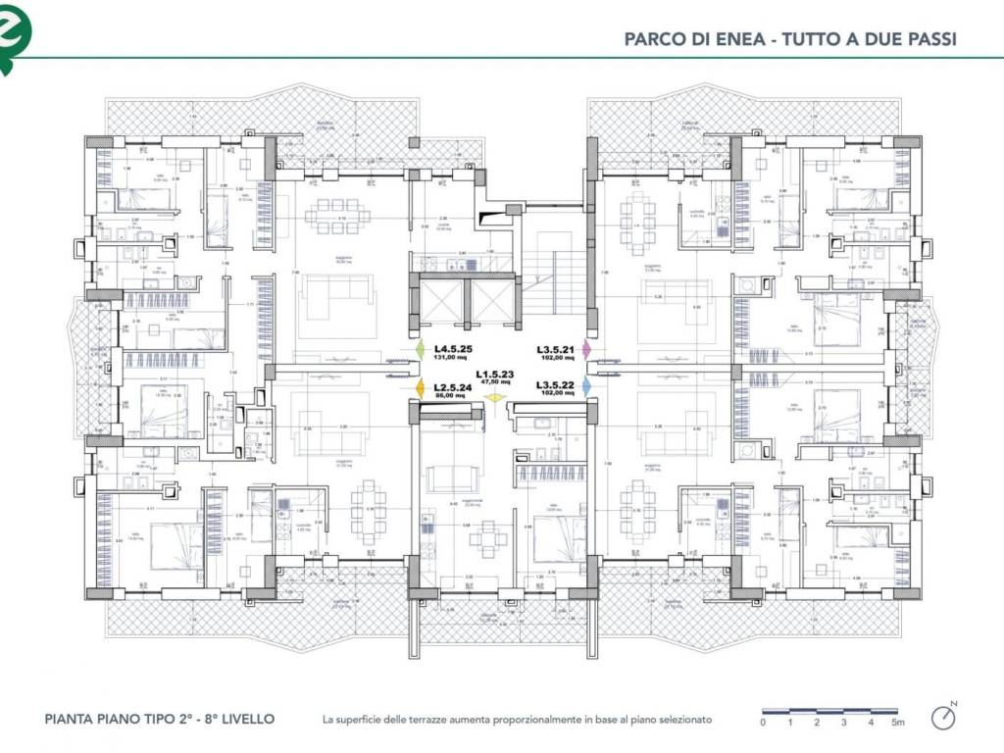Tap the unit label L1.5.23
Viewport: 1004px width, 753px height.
coord(495,375)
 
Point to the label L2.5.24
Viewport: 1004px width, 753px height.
coord(454,386)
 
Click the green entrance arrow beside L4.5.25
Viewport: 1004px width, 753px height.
coord(420,350)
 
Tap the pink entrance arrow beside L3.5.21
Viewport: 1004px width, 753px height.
coord(586,349)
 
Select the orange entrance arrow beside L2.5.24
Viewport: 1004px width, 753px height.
coord(420,389)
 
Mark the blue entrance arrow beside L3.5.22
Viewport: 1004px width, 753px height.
coord(586,387)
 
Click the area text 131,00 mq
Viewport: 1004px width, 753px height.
coord(453,358)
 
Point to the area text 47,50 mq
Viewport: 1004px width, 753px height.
coord(495,382)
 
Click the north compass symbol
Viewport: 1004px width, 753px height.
coord(943,717)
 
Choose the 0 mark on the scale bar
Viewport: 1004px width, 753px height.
coord(763,723)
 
